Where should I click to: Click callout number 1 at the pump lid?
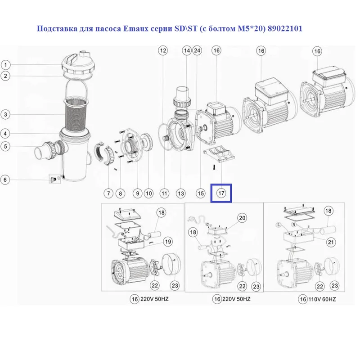tap(6, 65)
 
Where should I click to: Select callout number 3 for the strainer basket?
tap(5, 114)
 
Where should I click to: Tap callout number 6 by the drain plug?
tap(5, 180)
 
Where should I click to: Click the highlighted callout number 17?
tap(221, 193)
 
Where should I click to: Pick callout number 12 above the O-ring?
tap(163, 50)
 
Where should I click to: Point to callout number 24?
tap(197, 50)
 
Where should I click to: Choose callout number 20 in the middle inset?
tap(242, 218)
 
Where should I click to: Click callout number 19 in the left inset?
tap(168, 242)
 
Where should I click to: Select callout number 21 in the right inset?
tap(331, 242)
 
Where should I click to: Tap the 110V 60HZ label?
tap(322, 299)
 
